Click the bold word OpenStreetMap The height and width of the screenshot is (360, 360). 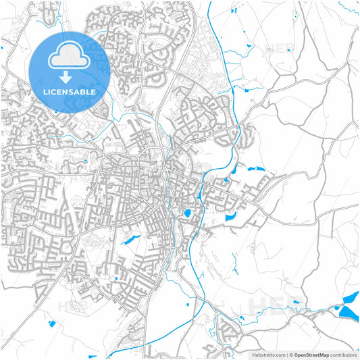pos(311,354)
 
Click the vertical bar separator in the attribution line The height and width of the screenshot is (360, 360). pos(287,354)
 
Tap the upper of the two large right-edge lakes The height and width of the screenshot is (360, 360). pos(351,297)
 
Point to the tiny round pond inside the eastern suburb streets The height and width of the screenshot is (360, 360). pos(226,180)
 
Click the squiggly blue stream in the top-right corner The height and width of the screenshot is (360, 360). pos(349,8)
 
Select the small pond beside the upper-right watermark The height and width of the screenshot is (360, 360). pos(249,45)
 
